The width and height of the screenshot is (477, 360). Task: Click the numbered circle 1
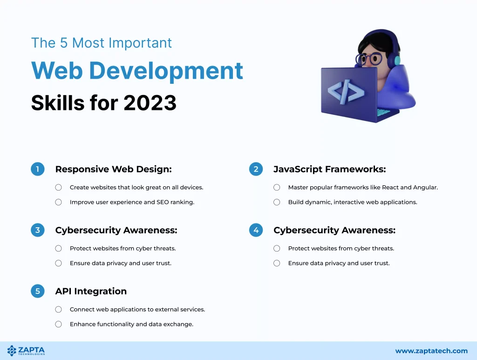(38, 169)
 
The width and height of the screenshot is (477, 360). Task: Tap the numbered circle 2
(256, 169)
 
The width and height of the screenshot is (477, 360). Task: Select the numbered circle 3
(38, 230)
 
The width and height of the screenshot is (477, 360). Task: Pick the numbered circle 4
(256, 230)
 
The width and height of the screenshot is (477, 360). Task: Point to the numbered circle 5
(38, 291)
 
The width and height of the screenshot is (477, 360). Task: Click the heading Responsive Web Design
(114, 170)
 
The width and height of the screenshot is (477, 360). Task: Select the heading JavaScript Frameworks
(330, 170)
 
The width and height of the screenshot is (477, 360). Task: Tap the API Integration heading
(91, 291)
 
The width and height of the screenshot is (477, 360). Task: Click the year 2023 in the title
(150, 103)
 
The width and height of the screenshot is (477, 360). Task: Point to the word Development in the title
(166, 71)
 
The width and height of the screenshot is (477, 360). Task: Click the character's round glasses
(369, 59)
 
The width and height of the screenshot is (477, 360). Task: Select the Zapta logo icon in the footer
(12, 351)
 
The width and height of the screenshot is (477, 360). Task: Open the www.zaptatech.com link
(431, 351)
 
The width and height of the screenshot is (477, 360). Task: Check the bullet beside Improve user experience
(58, 202)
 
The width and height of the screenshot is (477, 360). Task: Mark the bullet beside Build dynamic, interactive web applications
(277, 202)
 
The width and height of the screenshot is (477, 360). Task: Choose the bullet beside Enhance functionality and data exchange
(58, 324)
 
